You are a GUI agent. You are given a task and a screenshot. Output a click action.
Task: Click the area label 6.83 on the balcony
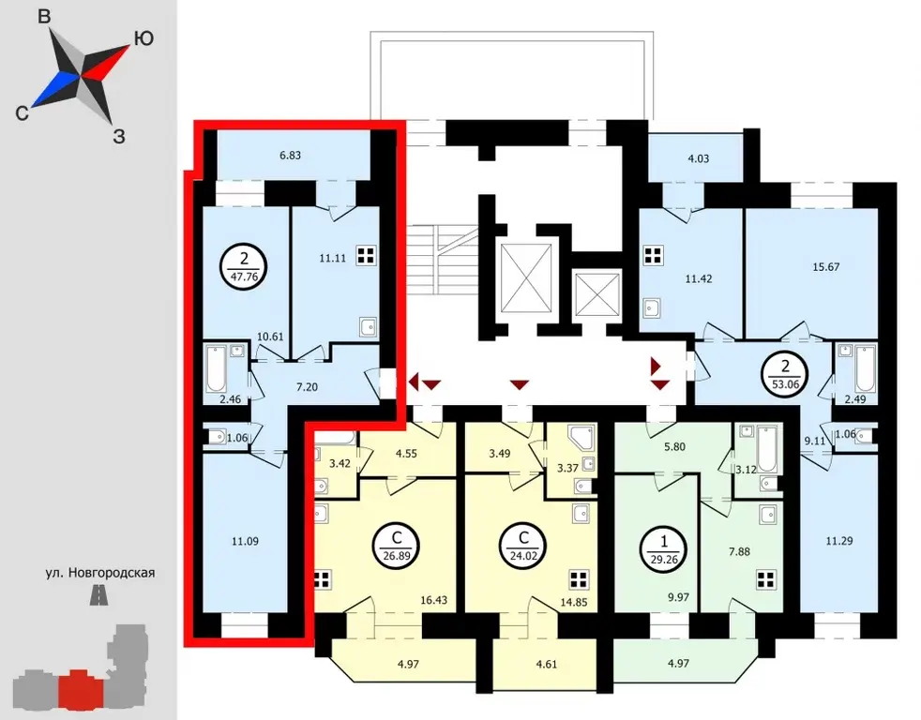click(290, 156)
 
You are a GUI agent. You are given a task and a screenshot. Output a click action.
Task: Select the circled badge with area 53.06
click(785, 376)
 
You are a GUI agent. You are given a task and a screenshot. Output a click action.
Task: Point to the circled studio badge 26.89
click(396, 547)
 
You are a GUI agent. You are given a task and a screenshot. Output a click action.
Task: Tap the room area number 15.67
click(826, 267)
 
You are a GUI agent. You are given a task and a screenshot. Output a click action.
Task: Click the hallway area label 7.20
click(308, 387)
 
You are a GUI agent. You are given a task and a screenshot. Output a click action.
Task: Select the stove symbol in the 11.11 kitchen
click(366, 256)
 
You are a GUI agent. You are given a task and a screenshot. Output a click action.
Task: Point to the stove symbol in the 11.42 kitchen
click(654, 256)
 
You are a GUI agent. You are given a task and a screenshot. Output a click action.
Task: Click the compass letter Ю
click(144, 38)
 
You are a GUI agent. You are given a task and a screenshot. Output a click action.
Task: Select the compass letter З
click(119, 138)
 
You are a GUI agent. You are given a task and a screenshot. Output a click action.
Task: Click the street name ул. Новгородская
click(100, 573)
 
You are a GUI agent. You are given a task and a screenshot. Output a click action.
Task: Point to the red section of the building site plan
click(81, 688)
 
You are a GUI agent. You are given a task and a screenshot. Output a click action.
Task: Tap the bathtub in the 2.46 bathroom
click(216, 369)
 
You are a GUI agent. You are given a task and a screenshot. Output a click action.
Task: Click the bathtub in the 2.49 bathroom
click(865, 369)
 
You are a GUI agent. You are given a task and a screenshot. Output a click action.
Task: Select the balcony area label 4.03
click(699, 158)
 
